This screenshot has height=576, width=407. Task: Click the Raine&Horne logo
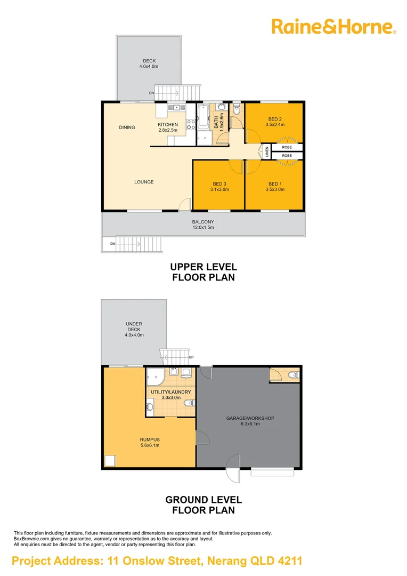(334, 26)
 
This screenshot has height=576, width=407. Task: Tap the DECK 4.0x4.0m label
(149, 63)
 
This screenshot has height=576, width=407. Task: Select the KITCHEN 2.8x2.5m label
(168, 127)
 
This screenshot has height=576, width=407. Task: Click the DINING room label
(127, 127)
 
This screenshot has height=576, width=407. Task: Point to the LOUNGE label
(144, 182)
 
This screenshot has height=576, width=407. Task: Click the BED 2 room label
(274, 122)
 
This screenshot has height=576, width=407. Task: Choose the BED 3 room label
(220, 187)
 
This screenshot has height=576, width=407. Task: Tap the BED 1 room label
(274, 187)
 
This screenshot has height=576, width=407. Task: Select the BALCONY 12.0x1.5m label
(203, 225)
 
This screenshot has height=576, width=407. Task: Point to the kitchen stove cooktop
(190, 124)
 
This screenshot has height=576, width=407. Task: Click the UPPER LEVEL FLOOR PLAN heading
(203, 272)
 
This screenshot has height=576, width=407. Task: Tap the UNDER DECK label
(134, 330)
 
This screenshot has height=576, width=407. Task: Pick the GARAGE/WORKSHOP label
(250, 421)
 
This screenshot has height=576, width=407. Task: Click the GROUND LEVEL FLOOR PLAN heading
(203, 505)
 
